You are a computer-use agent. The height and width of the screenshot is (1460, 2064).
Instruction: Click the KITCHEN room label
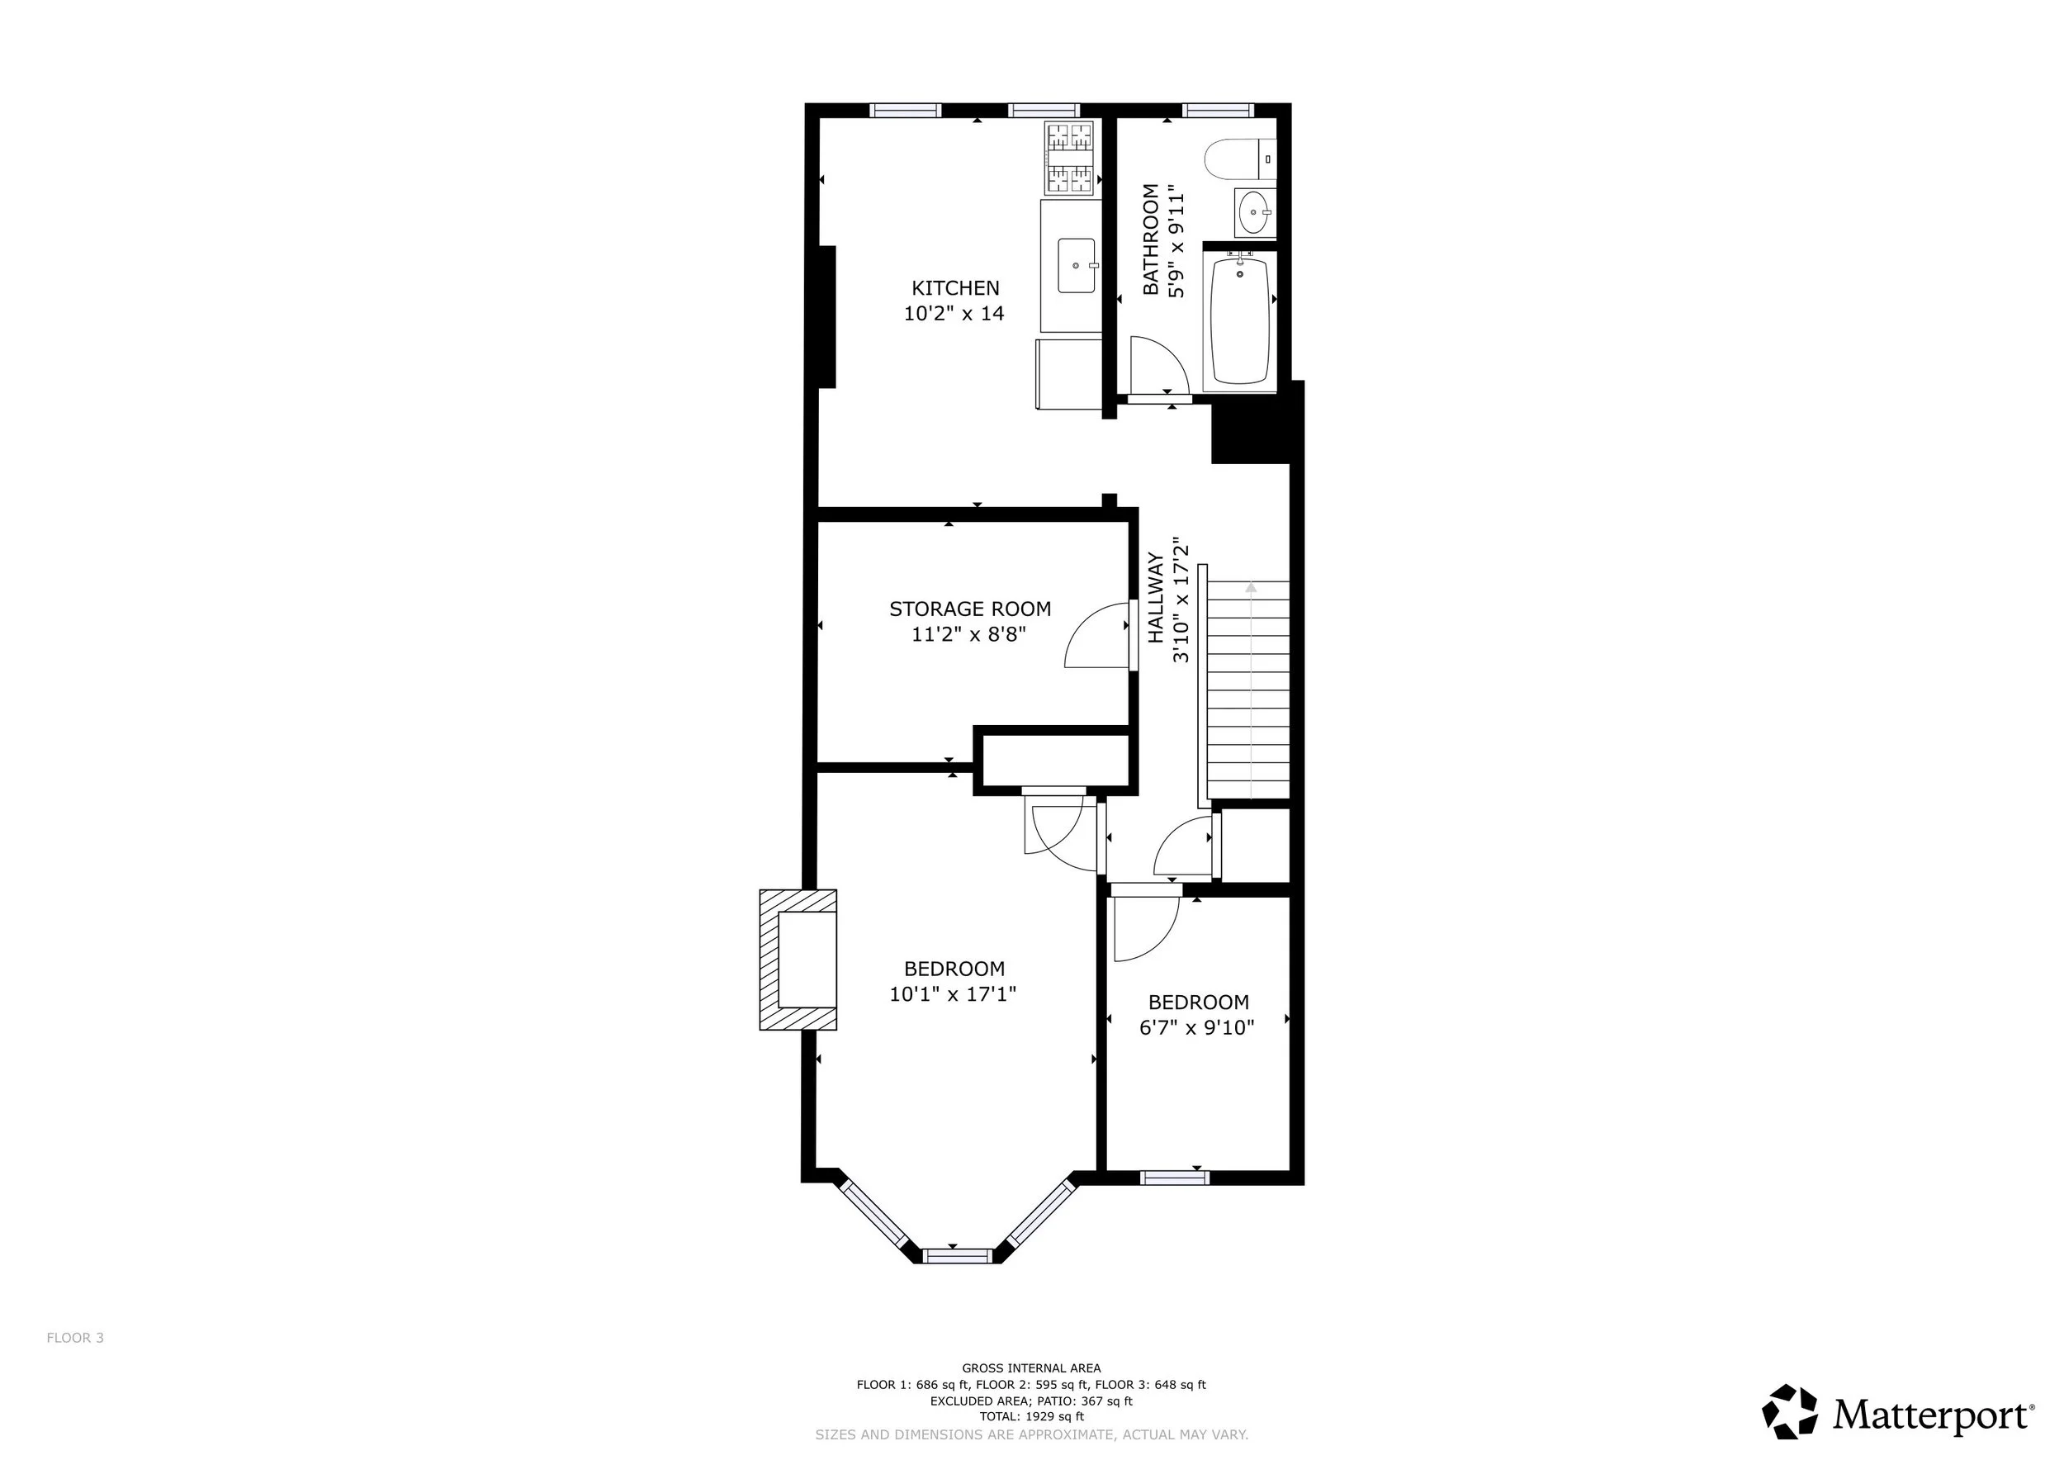tap(954, 287)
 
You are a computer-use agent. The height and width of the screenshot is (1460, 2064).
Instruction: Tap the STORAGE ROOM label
tap(970, 609)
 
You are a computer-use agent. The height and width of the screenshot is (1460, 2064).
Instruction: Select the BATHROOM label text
tap(1151, 239)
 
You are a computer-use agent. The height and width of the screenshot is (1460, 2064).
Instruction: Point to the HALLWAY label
tap(1156, 598)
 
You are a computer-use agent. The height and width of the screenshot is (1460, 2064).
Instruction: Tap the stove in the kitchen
tap(1070, 158)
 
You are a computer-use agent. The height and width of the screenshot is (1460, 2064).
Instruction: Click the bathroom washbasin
tap(1255, 213)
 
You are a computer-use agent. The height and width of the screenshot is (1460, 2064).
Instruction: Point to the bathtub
tap(1241, 321)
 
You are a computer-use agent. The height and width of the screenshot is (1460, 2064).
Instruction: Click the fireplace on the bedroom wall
tap(798, 960)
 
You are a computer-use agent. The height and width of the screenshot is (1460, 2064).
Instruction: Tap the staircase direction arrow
tap(1252, 690)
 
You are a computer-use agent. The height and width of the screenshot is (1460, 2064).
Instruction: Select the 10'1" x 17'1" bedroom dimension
tap(953, 994)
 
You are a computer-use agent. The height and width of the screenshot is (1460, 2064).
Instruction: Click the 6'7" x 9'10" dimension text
tap(1196, 1027)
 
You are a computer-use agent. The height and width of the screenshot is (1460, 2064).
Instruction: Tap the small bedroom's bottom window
tap(1175, 1177)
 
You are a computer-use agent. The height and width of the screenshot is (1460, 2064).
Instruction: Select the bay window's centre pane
tap(958, 1256)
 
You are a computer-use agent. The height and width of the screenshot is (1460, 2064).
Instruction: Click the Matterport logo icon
tap(1790, 1412)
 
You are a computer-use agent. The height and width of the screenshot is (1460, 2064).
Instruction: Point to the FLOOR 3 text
tap(75, 1338)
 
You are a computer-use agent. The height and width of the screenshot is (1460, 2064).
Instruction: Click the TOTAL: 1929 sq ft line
tap(1032, 1416)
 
